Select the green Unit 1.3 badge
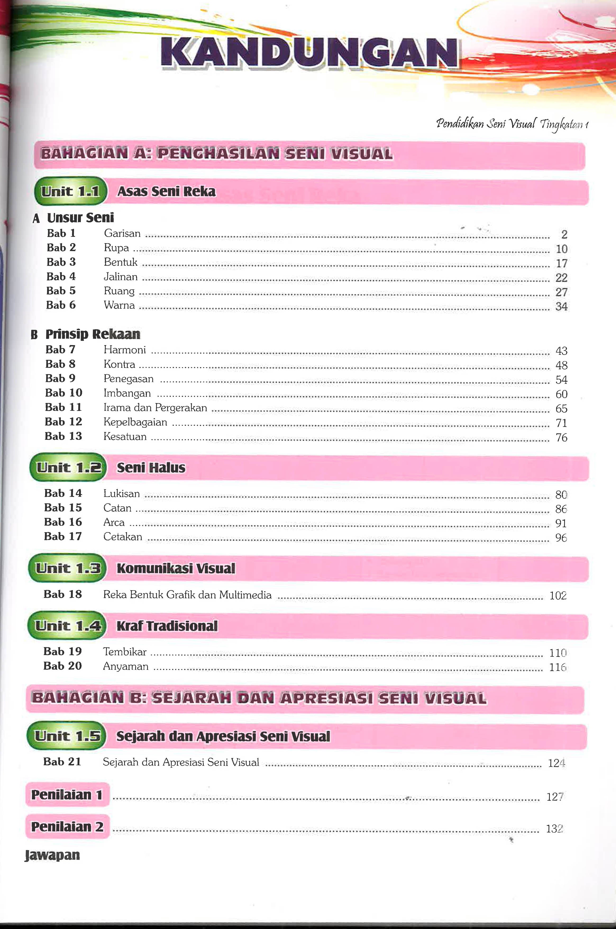[67, 568]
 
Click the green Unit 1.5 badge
[67, 736]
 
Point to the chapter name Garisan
[122, 234]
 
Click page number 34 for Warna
[561, 306]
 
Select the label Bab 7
[60, 349]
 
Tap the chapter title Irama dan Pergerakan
[155, 408]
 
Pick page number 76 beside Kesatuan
[561, 438]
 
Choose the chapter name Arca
[114, 523]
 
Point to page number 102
[558, 596]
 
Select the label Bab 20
[62, 666]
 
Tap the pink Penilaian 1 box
[67, 795]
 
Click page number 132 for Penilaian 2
[554, 829]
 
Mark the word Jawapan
[52, 855]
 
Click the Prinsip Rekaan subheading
[93, 334]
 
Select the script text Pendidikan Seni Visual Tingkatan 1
[512, 124]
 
